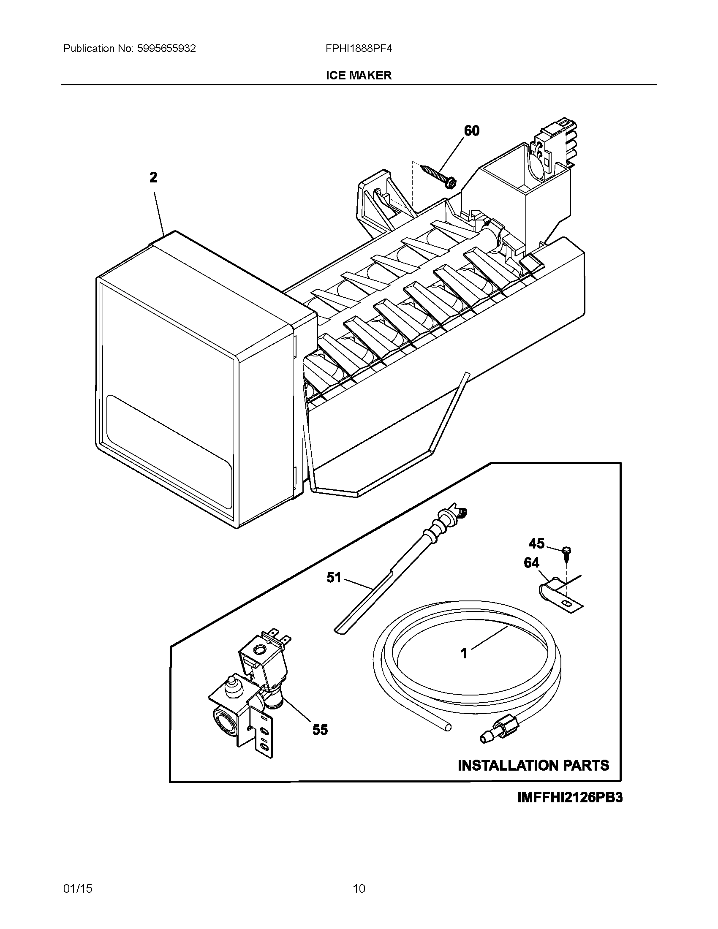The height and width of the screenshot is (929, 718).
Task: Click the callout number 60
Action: (471, 130)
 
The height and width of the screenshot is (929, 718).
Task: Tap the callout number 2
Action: (154, 177)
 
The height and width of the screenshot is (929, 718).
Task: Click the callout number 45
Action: (536, 543)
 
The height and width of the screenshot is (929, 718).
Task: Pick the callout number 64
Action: (531, 563)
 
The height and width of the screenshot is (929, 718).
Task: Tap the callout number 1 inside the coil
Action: (464, 653)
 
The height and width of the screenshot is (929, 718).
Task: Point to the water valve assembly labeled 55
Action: (251, 698)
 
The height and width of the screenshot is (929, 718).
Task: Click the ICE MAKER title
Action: (359, 75)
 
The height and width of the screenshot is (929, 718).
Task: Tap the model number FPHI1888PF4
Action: (359, 49)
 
